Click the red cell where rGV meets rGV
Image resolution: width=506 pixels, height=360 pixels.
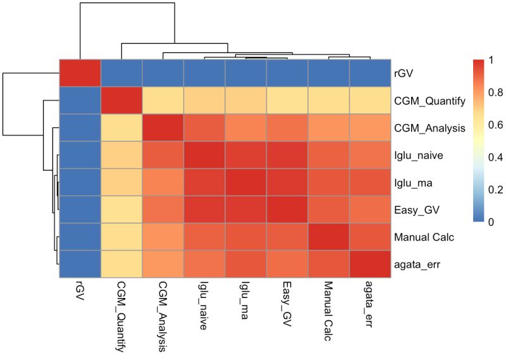click(80, 73)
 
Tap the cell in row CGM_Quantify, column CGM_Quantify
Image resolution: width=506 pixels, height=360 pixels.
click(121, 101)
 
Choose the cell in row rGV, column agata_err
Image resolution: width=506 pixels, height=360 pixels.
click(369, 73)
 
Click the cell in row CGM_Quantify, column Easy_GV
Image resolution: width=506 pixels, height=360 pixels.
click(287, 101)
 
